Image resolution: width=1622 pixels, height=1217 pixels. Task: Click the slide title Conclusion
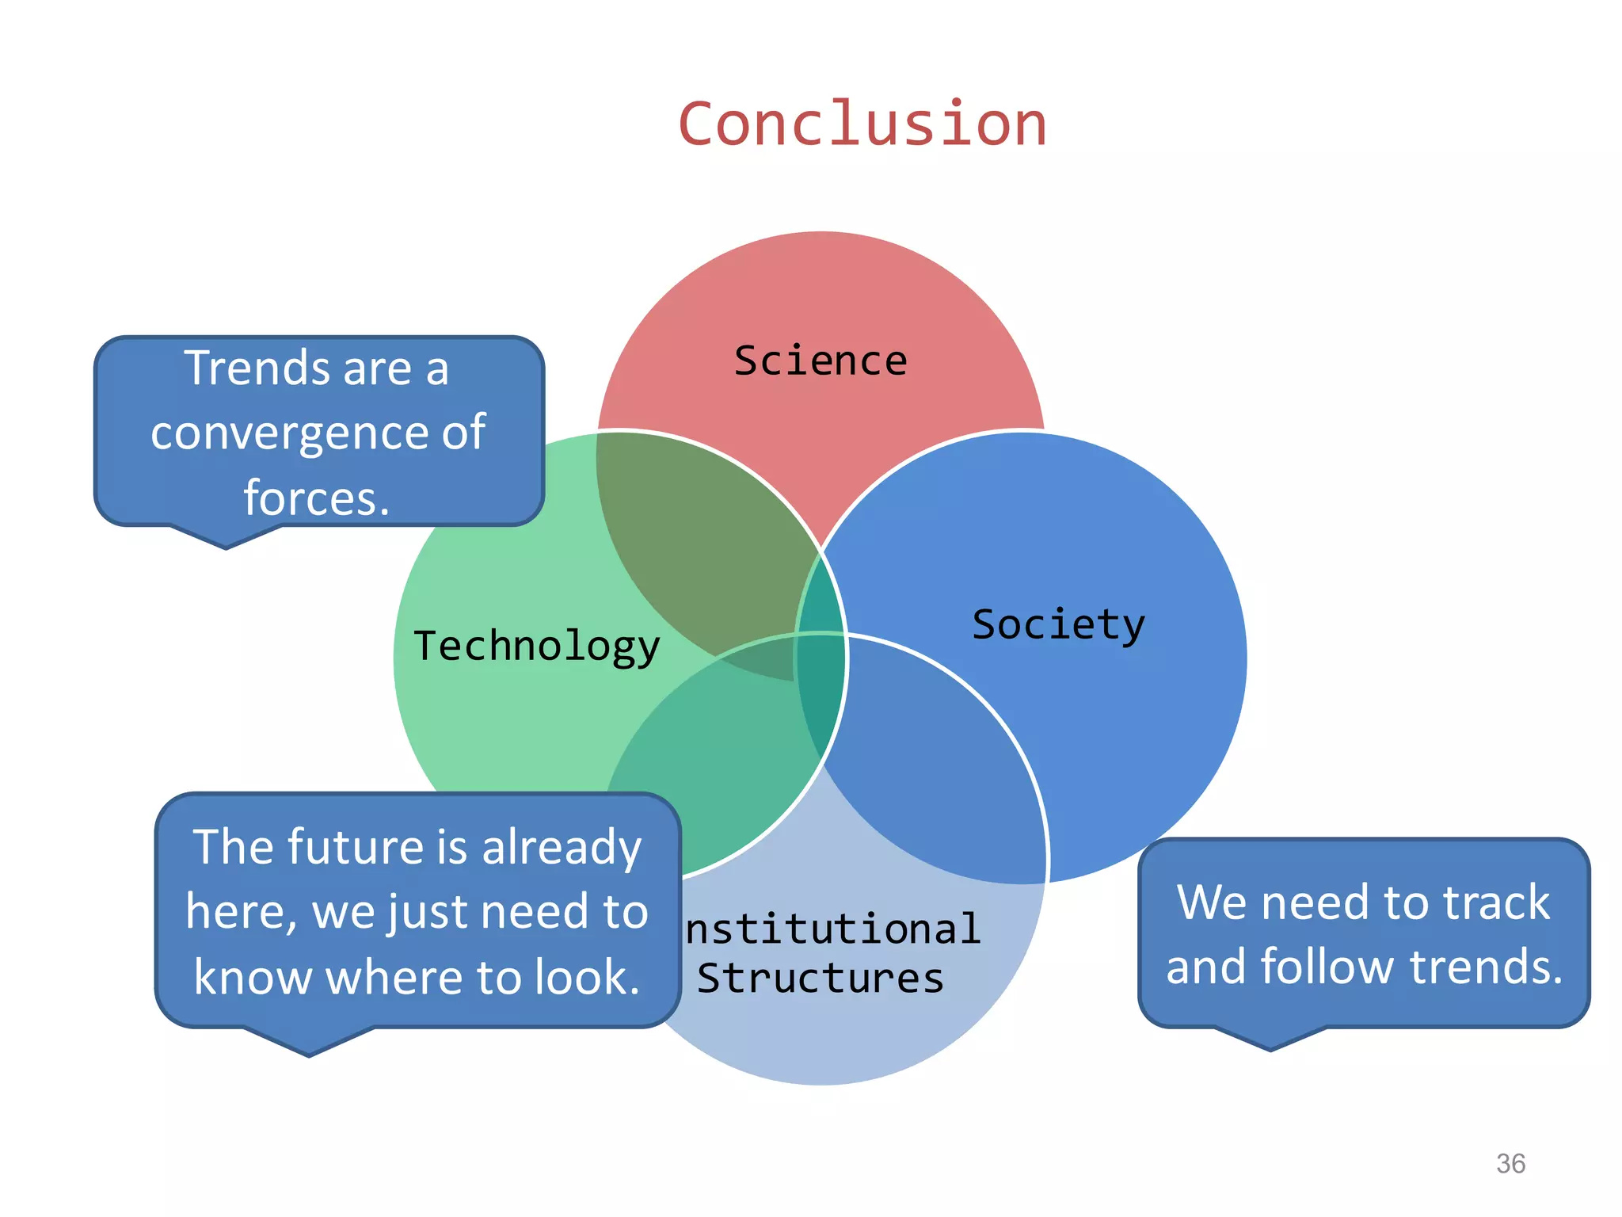pos(862,124)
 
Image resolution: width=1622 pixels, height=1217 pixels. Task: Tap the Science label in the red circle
pos(821,361)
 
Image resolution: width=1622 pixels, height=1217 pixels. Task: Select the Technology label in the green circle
pos(537,646)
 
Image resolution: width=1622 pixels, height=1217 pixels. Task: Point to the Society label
pos(1058,625)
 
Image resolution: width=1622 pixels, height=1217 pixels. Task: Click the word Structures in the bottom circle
pos(821,978)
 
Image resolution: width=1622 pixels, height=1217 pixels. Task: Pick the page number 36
pos(1510,1163)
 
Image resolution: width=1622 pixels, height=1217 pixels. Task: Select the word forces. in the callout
pos(317,498)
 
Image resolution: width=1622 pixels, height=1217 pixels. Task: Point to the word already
pos(562,847)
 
